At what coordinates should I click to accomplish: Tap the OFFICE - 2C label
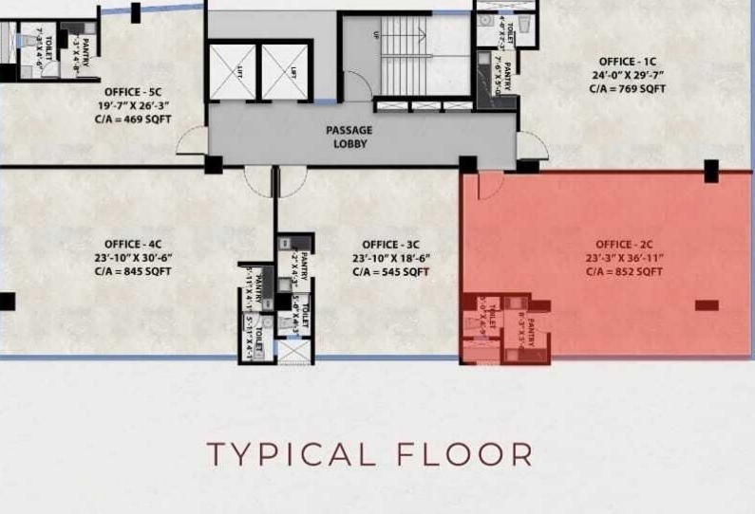(623, 245)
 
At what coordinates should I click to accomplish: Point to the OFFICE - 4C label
(132, 245)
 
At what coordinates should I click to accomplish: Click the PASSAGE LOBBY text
(349, 137)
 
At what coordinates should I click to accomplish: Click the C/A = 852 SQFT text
(623, 272)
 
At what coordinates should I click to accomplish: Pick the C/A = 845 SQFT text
(132, 272)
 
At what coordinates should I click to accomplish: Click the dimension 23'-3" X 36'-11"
(623, 258)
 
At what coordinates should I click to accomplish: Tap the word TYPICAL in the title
(290, 453)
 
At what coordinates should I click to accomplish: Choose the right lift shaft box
(285, 71)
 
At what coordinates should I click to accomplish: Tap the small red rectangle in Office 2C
(706, 304)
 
